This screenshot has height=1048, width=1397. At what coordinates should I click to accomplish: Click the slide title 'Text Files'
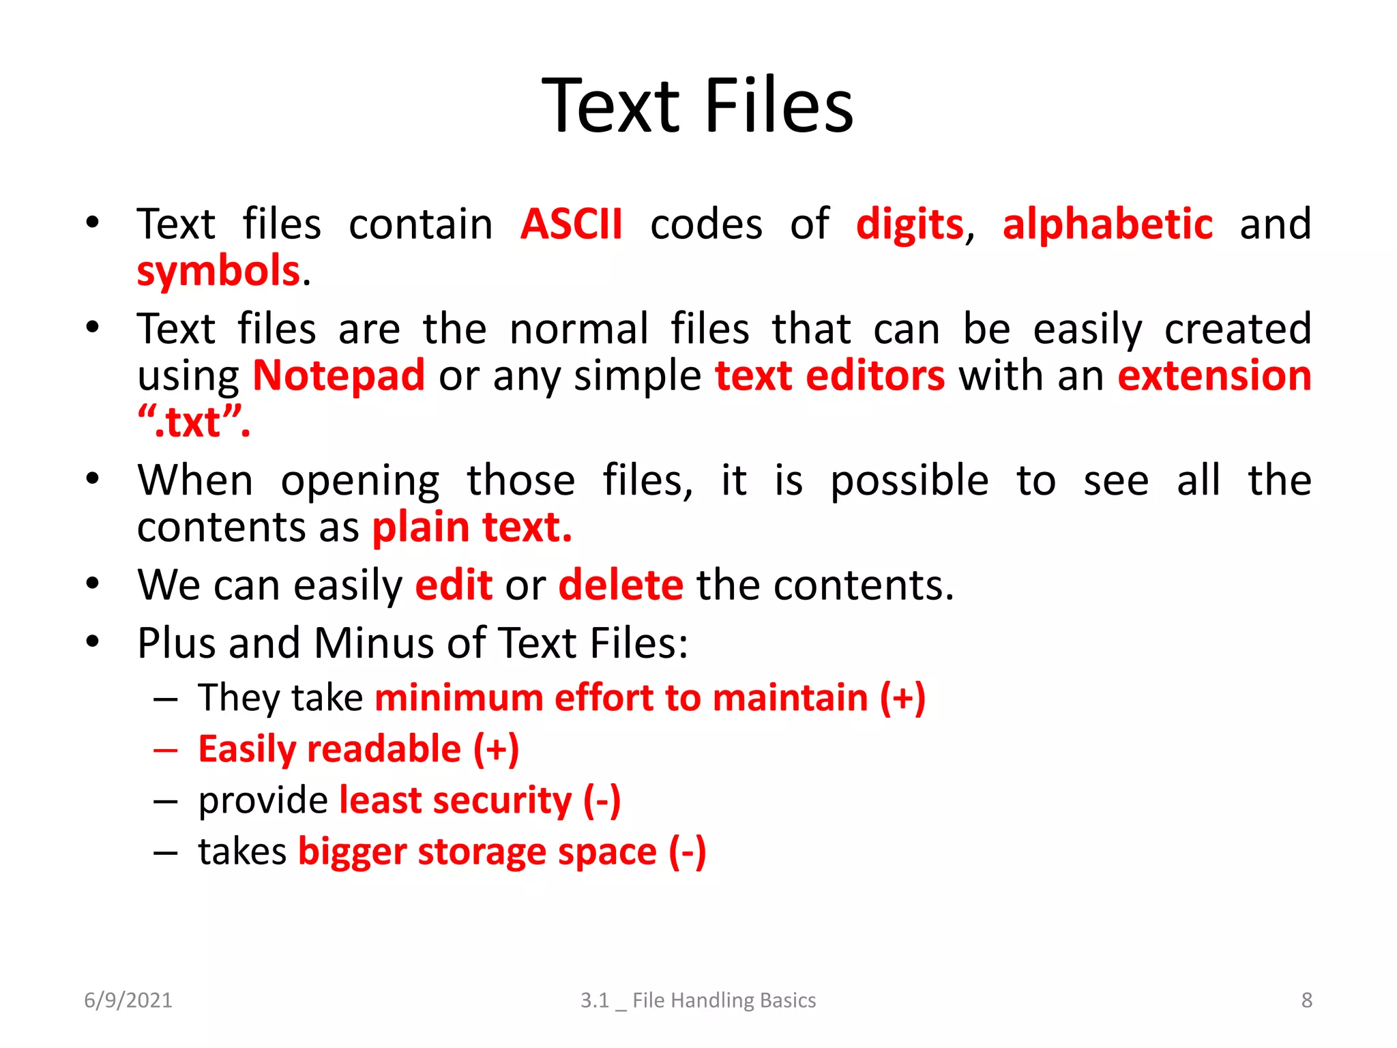[x=697, y=106]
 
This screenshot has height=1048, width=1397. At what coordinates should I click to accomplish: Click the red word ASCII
[x=571, y=224]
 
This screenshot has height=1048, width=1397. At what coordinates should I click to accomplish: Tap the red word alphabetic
[x=1107, y=224]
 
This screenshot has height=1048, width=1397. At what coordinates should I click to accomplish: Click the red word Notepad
[x=338, y=376]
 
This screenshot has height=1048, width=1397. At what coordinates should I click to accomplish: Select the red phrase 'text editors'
[x=829, y=376]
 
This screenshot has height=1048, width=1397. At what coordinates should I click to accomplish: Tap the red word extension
[x=1214, y=376]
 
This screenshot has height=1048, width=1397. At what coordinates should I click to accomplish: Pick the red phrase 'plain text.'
[x=472, y=527]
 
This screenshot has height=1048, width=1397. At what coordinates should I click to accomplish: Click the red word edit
[x=454, y=585]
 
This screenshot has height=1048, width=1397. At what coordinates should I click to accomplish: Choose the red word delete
[x=620, y=585]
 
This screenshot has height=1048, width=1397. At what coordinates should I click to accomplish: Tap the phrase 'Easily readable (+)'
[x=359, y=749]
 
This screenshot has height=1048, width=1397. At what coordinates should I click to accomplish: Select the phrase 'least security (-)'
[x=480, y=800]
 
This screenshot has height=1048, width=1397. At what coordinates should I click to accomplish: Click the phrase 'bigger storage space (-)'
[x=502, y=852]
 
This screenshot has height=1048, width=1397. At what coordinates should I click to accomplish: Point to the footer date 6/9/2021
[x=128, y=1000]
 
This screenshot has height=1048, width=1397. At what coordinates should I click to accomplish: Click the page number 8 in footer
[x=1306, y=1000]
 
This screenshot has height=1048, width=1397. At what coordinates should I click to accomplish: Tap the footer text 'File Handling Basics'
[x=724, y=1000]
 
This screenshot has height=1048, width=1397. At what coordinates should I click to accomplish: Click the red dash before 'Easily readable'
[x=166, y=750]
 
